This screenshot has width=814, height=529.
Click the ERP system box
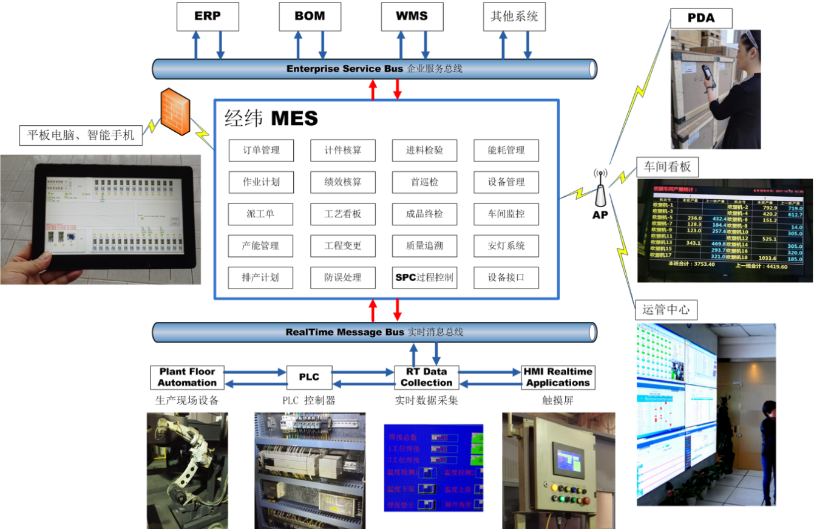(x=208, y=16)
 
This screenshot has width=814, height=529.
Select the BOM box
(x=310, y=16)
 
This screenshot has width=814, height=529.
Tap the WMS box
(x=412, y=16)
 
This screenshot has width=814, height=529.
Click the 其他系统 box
(x=514, y=16)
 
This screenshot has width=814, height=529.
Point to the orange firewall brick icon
(x=176, y=110)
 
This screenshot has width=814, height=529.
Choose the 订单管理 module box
(x=261, y=150)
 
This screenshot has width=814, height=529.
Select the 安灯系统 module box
(x=506, y=246)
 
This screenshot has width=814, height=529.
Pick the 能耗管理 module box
(x=506, y=150)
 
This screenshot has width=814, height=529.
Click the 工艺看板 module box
(x=343, y=214)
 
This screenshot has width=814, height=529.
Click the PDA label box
(x=701, y=18)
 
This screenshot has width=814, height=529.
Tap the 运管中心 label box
(x=666, y=310)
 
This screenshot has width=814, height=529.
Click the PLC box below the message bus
(x=310, y=377)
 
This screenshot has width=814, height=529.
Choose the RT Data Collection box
(x=426, y=377)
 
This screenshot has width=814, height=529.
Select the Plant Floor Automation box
(x=187, y=377)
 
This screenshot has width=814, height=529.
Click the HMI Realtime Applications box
(x=558, y=377)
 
